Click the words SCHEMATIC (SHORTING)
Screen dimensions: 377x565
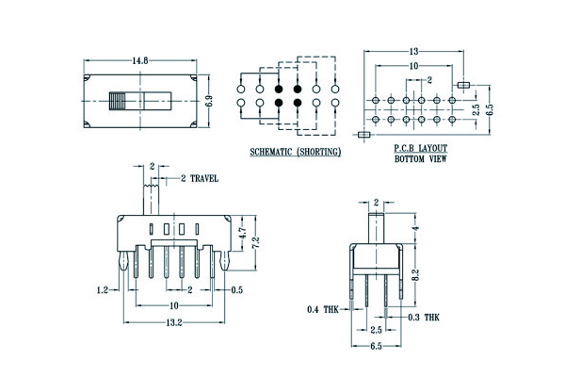click(295, 151)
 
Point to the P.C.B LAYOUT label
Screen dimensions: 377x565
click(420, 149)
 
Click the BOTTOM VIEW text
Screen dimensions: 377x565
click(420, 160)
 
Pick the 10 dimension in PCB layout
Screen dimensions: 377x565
click(414, 67)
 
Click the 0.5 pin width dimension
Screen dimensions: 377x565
click(238, 290)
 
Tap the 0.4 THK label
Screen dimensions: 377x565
click(322, 309)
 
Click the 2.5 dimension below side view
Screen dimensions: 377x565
click(376, 330)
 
